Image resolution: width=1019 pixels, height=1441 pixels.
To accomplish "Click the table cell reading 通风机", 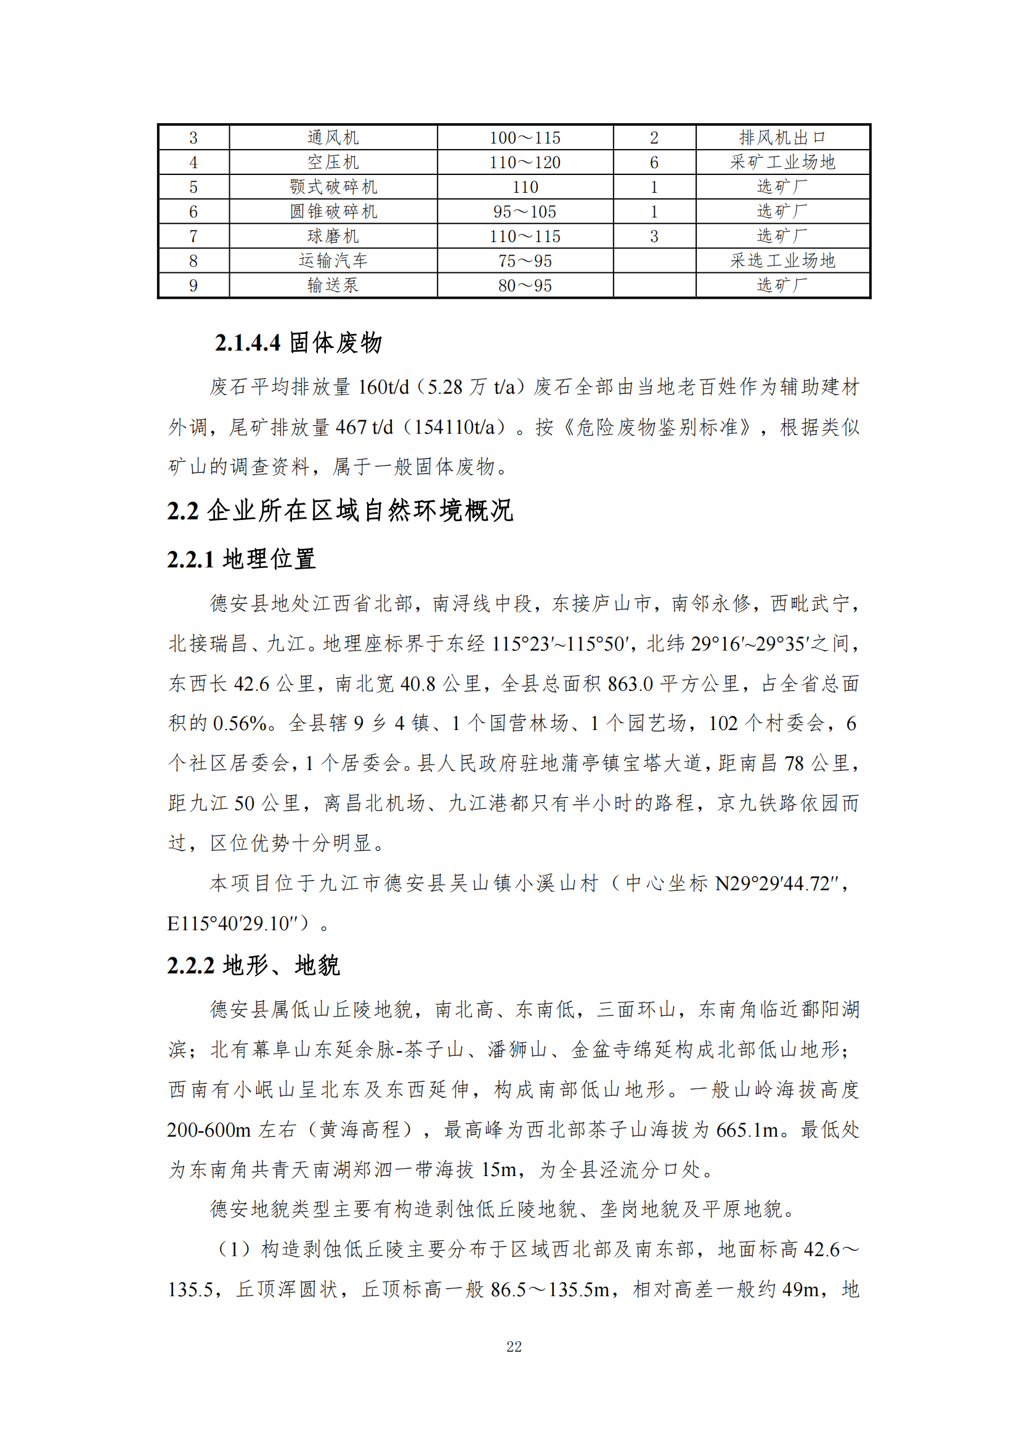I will pyautogui.click(x=333, y=137).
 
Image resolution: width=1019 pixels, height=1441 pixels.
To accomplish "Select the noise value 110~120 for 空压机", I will pyautogui.click(x=524, y=163).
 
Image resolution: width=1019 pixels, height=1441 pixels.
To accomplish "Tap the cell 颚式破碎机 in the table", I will pyautogui.click(x=333, y=187).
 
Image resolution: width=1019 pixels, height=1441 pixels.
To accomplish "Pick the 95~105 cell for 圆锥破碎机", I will pyautogui.click(x=524, y=211).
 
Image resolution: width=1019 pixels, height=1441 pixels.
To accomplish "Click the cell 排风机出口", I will pyautogui.click(x=782, y=137).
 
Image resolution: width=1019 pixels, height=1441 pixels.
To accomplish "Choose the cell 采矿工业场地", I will pyautogui.click(x=782, y=163).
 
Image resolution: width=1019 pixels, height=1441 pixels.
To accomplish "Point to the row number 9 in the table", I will pyautogui.click(x=193, y=286).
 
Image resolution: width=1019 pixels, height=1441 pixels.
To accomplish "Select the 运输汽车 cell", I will pyautogui.click(x=333, y=261).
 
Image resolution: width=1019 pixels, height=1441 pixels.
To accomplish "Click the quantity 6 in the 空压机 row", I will pyautogui.click(x=654, y=163).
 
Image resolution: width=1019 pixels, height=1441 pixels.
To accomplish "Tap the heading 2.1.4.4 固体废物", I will pyautogui.click(x=298, y=343).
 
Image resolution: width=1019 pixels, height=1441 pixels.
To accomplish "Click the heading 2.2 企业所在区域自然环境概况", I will pyautogui.click(x=340, y=511).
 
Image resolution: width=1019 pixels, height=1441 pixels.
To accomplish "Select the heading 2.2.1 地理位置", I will pyautogui.click(x=242, y=559).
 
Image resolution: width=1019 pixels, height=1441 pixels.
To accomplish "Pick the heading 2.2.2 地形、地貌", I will pyautogui.click(x=253, y=965).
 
